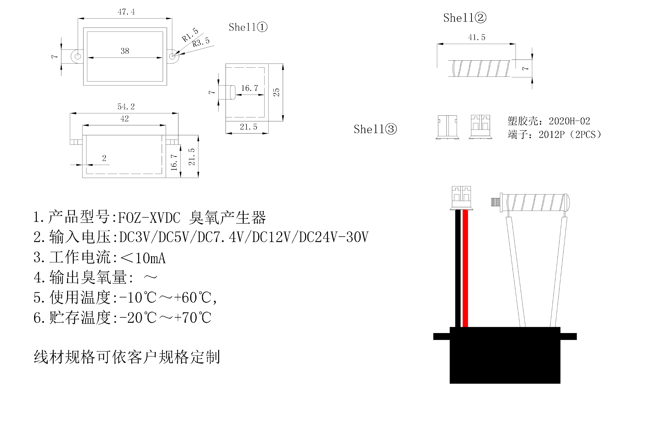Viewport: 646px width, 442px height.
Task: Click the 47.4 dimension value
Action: (x=126, y=12)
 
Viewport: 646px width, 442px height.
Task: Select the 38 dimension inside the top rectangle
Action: (x=125, y=51)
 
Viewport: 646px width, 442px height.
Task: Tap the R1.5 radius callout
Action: (x=190, y=35)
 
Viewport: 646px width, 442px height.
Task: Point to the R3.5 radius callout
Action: (x=201, y=42)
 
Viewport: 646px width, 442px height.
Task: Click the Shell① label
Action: (x=248, y=27)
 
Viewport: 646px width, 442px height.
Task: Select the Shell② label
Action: (x=464, y=18)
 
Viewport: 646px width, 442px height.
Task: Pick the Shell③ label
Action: (x=375, y=129)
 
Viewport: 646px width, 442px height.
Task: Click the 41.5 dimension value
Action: (x=477, y=37)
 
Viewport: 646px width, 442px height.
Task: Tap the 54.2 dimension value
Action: (x=126, y=107)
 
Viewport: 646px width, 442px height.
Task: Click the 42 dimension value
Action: (x=124, y=119)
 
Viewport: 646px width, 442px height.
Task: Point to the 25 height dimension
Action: (x=276, y=92)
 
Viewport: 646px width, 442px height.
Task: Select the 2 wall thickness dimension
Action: (x=104, y=158)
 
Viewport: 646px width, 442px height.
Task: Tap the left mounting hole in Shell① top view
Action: (x=78, y=56)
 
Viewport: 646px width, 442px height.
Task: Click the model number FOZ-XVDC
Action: (x=149, y=218)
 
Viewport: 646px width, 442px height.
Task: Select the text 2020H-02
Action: (x=569, y=121)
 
